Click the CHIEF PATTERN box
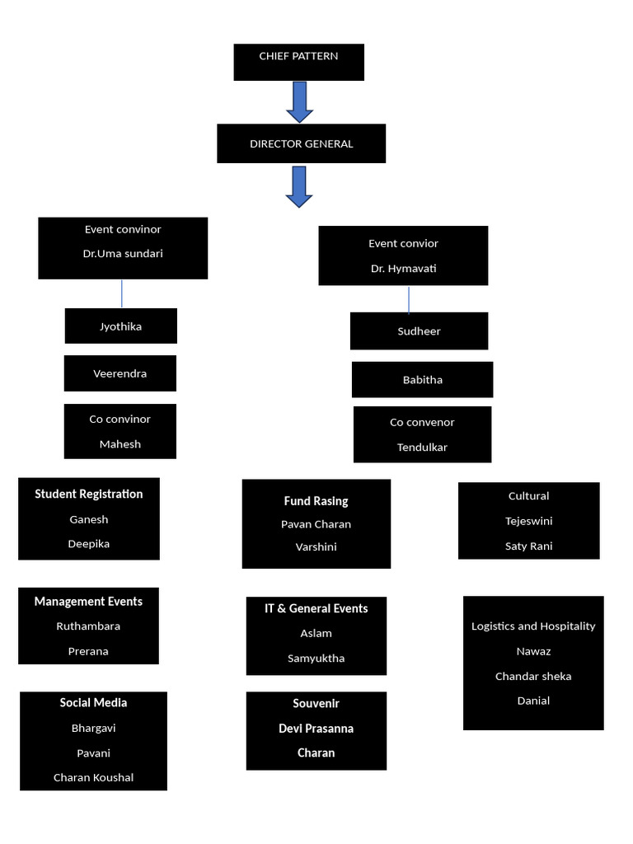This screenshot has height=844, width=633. point(298,63)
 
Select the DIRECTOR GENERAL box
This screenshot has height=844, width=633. point(302,143)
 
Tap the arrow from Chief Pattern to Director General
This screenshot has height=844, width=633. point(300,102)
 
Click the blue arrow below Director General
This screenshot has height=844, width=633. point(299,187)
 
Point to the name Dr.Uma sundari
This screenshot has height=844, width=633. point(123,254)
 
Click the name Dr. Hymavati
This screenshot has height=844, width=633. point(403,268)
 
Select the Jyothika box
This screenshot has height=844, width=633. point(121,326)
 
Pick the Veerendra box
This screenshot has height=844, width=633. point(120,373)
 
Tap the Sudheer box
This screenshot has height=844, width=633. point(420,331)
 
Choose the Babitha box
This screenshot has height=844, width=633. point(423,380)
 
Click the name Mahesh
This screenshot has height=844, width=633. point(120,444)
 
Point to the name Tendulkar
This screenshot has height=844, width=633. point(422,448)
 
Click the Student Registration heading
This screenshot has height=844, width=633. point(89,495)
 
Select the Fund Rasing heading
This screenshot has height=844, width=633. point(316,501)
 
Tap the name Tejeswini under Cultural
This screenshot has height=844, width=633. point(528,521)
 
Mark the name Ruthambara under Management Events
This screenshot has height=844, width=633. point(88,626)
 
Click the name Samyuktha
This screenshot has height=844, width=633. point(316,659)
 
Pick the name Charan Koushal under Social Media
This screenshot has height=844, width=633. point(94,777)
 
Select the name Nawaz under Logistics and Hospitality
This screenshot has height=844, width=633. point(533,651)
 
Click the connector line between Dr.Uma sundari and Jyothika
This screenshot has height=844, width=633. point(122,294)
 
